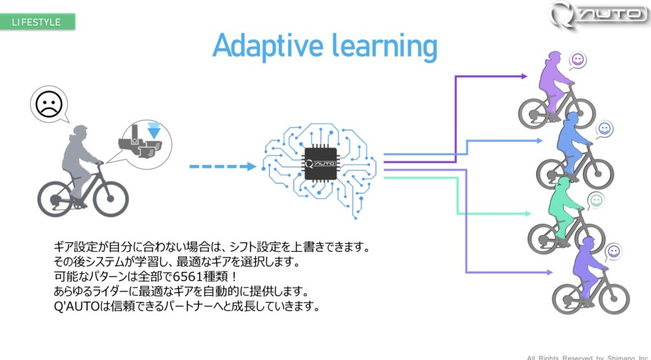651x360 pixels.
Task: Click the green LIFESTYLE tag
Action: coord(38,22)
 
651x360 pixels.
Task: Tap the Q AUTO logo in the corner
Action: coord(598,15)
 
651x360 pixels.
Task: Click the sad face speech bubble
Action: coord(49,104)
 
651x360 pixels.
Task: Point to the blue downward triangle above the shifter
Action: coord(154,131)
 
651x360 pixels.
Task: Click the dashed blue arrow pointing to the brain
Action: coord(223,167)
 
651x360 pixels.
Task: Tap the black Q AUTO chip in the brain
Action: coord(321,163)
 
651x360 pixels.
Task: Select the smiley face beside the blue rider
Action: coord(605,128)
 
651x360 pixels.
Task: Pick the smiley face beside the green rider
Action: coord(596,201)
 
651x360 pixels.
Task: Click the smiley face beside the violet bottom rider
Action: coord(613,251)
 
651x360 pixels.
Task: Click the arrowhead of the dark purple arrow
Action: coord(524,76)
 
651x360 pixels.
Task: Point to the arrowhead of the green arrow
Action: coord(528,214)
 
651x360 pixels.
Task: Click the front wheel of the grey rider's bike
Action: coord(111,198)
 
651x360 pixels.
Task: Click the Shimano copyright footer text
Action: coord(587,357)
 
